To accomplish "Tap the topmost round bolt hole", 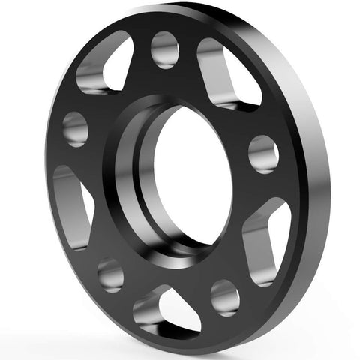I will pos(164,49).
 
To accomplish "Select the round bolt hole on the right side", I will pos(264,154).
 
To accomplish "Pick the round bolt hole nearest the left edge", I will pos(75,128).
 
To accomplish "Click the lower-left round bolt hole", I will pos(110,274).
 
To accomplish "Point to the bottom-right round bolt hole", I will pos(224,296).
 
